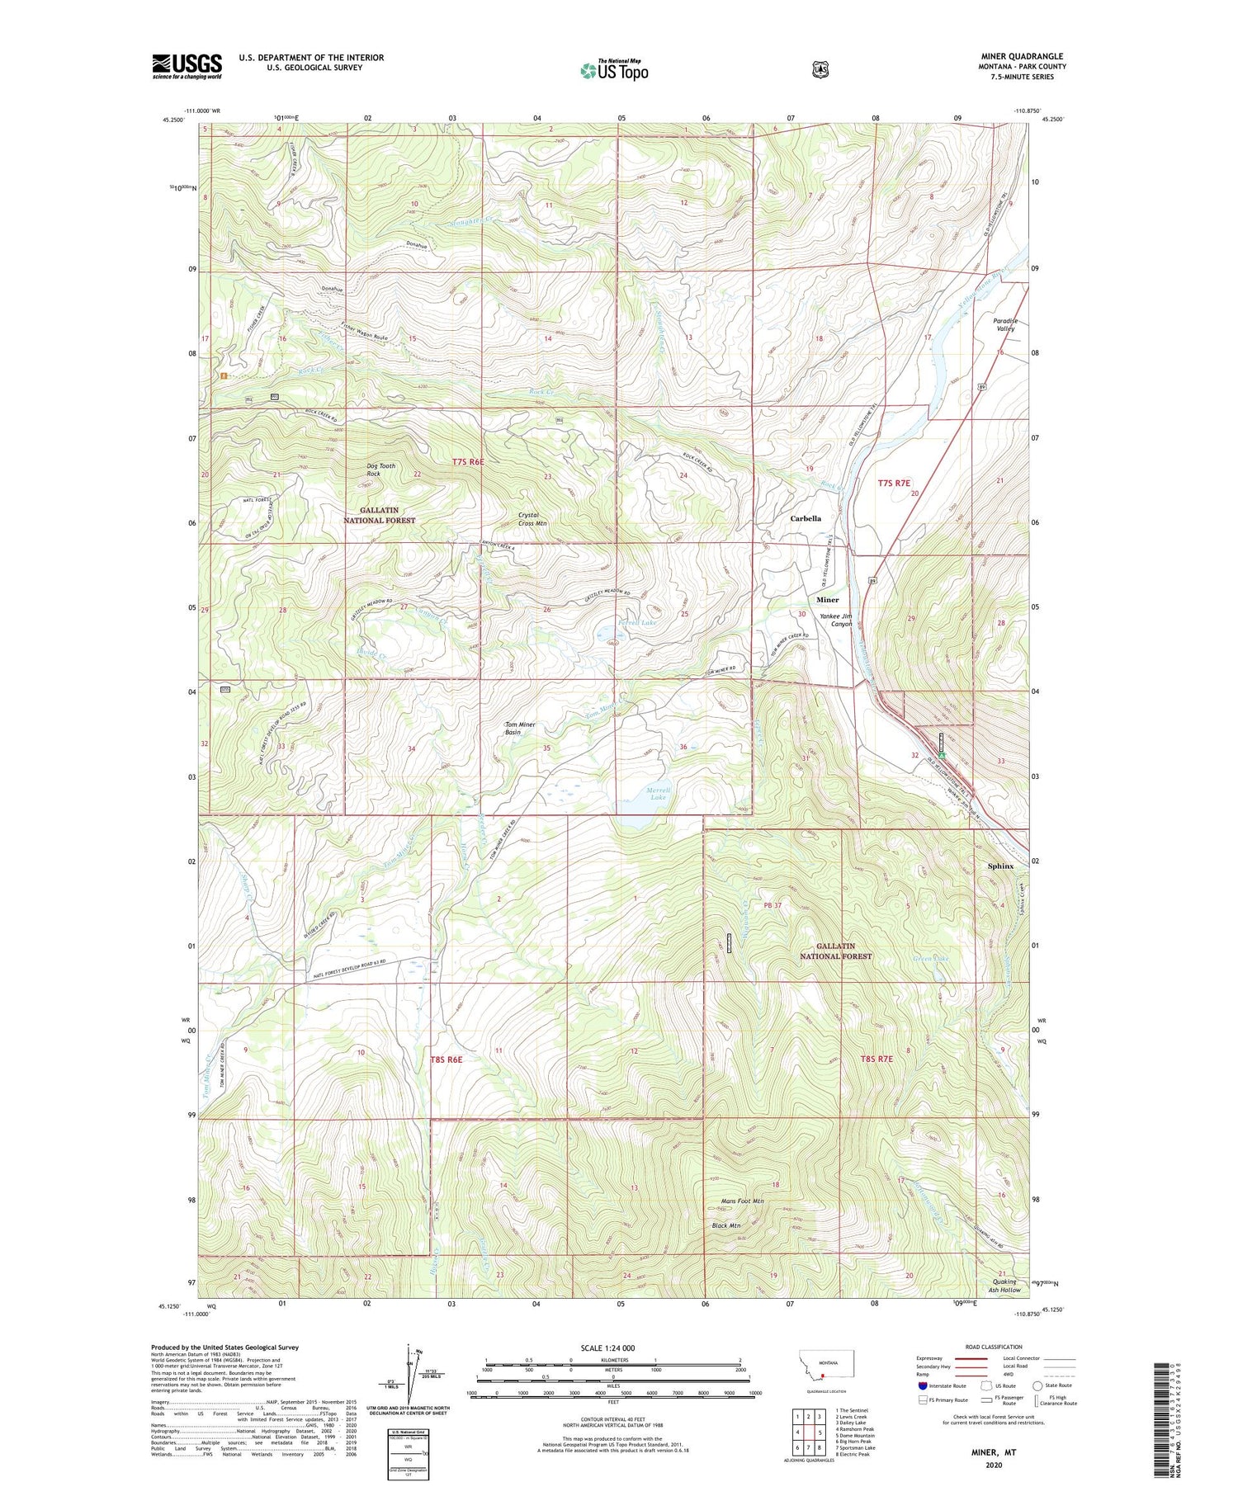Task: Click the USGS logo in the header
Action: coord(187,66)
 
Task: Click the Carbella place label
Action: coord(805,518)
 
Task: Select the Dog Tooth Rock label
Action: coord(380,470)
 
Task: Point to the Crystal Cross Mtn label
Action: coord(532,519)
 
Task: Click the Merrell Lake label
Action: coord(658,794)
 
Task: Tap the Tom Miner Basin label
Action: coord(520,728)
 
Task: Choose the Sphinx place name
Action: coord(1000,866)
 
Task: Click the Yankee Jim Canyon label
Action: coord(835,620)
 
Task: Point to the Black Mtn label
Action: coord(725,1225)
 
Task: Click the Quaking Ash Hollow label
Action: coord(1004,1286)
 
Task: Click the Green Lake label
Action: coord(930,959)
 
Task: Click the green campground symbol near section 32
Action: coord(941,754)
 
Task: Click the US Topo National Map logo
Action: coord(614,69)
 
